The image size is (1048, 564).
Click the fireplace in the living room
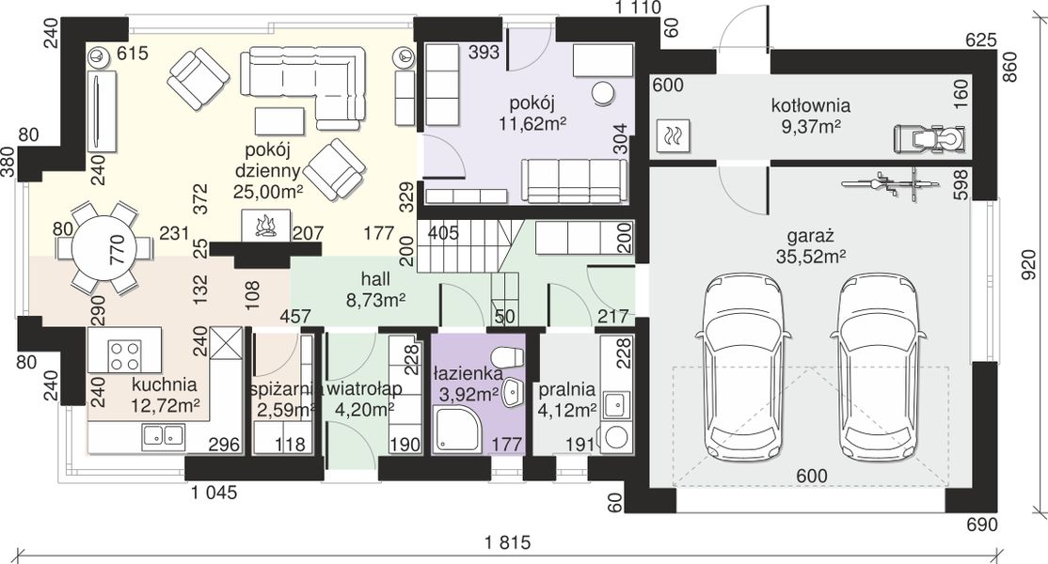(x=265, y=225)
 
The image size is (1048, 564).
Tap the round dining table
(x=105, y=248)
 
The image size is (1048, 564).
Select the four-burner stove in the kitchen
(x=126, y=355)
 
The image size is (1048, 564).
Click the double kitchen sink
(x=163, y=436)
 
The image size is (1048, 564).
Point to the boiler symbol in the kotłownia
(x=673, y=136)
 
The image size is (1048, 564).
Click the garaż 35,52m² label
(x=811, y=245)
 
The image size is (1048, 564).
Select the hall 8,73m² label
(x=375, y=290)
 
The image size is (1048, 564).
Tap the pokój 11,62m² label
(x=532, y=113)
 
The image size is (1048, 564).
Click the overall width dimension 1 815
(x=508, y=542)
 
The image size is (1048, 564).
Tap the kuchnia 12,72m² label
(x=165, y=395)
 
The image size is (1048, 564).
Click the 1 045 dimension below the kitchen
(x=214, y=493)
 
